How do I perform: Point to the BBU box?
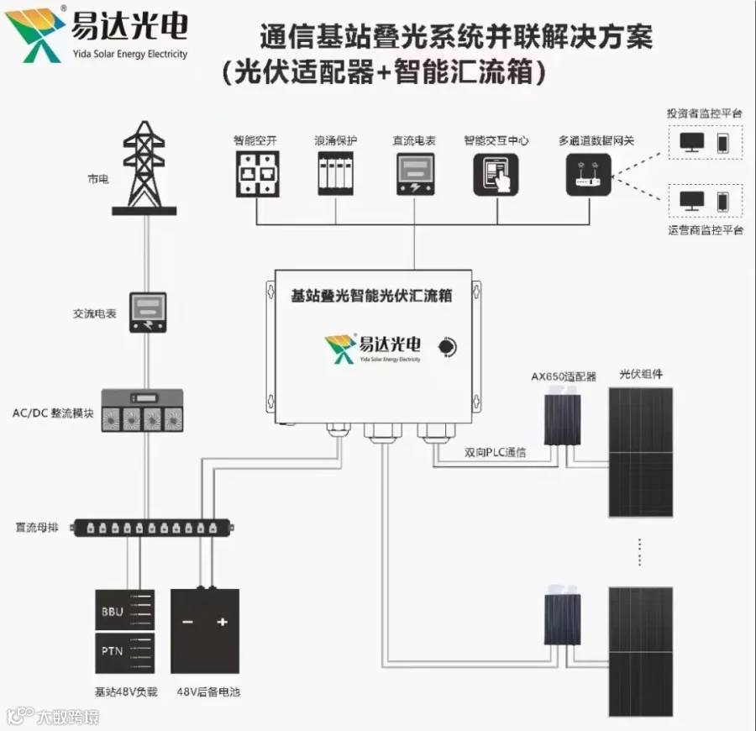123,611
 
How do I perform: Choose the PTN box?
123,652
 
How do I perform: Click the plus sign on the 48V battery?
223,622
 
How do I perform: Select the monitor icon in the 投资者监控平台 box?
692,140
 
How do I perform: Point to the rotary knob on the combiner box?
449,345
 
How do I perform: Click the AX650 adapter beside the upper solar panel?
560,419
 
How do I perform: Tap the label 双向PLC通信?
496,453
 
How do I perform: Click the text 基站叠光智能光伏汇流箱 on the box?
371,296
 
